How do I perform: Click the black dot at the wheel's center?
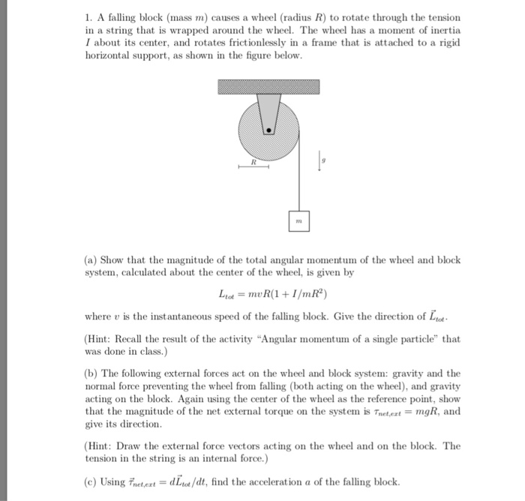click(268, 130)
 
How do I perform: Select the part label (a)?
click(91, 259)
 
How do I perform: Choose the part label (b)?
click(91, 373)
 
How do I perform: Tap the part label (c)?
click(91, 481)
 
